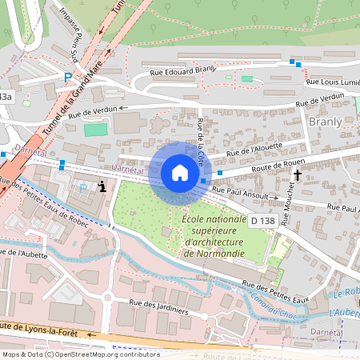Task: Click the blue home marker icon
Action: tap(180, 173)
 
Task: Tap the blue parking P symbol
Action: tap(68, 78)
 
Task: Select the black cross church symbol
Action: tap(298, 174)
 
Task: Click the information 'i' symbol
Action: tap(102, 186)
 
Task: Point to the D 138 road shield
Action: tap(262, 220)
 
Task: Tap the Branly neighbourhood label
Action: tap(325, 122)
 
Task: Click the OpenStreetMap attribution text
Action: tap(81, 354)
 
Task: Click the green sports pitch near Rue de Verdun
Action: tap(95, 130)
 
